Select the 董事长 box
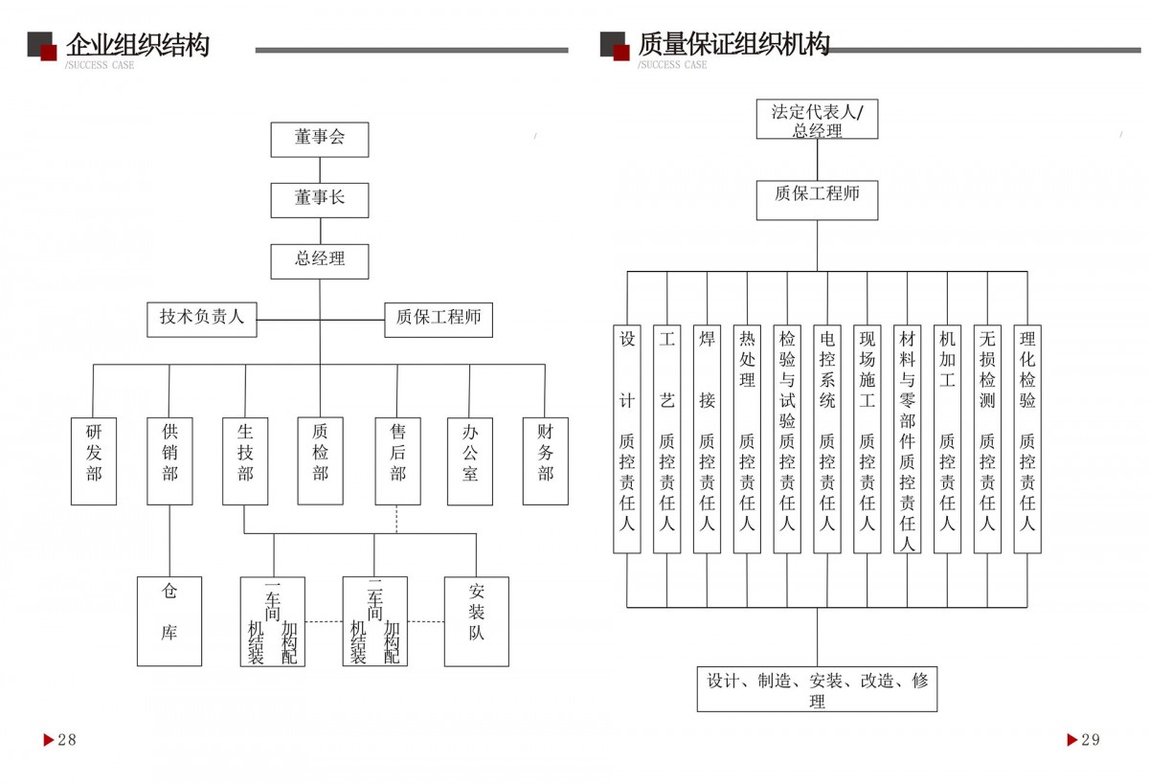coord(320,200)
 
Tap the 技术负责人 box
coord(202,319)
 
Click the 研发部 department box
coord(94,460)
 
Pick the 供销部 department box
coord(169,460)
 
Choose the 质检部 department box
coord(320,460)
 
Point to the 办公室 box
coord(470,460)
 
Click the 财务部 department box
coord(545,460)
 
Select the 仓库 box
coord(169,621)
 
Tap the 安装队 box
coord(476,621)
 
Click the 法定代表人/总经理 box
coord(817,120)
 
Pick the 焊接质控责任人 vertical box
coord(707,438)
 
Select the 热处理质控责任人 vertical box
coord(747,438)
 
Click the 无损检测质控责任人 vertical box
coord(987,438)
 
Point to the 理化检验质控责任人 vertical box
coord(1027,438)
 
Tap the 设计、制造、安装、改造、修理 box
coord(817,689)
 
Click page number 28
coord(67,739)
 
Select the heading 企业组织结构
coord(137,45)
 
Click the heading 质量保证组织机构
coord(733,44)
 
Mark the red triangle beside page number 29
coord(1072,739)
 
